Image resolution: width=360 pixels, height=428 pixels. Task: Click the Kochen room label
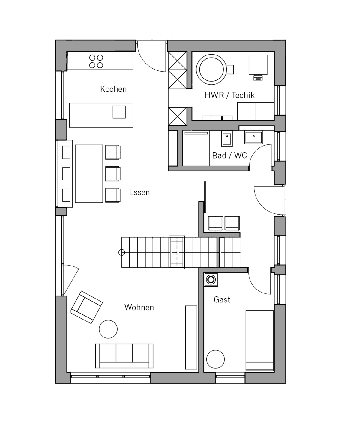point(113,89)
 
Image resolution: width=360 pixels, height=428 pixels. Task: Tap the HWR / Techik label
point(230,95)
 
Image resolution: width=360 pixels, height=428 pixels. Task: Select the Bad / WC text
point(229,156)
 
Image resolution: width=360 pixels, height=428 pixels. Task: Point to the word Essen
point(139,192)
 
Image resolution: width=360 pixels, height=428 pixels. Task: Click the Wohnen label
point(139,308)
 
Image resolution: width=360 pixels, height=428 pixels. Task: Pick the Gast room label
point(222,300)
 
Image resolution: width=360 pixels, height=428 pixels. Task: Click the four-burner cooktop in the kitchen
point(96,61)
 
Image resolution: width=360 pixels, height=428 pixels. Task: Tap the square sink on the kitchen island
point(119,112)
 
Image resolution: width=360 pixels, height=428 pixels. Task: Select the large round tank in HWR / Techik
point(211,69)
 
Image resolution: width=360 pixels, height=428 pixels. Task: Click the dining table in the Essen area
point(89,174)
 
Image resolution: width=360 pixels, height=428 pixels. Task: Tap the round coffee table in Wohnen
point(108,329)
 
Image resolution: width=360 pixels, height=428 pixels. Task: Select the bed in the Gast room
point(259,340)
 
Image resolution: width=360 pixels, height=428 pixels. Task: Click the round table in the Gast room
point(215,359)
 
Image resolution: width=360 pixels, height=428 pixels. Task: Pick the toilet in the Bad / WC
point(227,139)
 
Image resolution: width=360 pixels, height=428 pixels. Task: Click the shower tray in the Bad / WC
point(196,148)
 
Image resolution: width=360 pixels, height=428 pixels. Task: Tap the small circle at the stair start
point(122,252)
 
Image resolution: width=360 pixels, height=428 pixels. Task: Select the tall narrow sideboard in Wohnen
point(191,337)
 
